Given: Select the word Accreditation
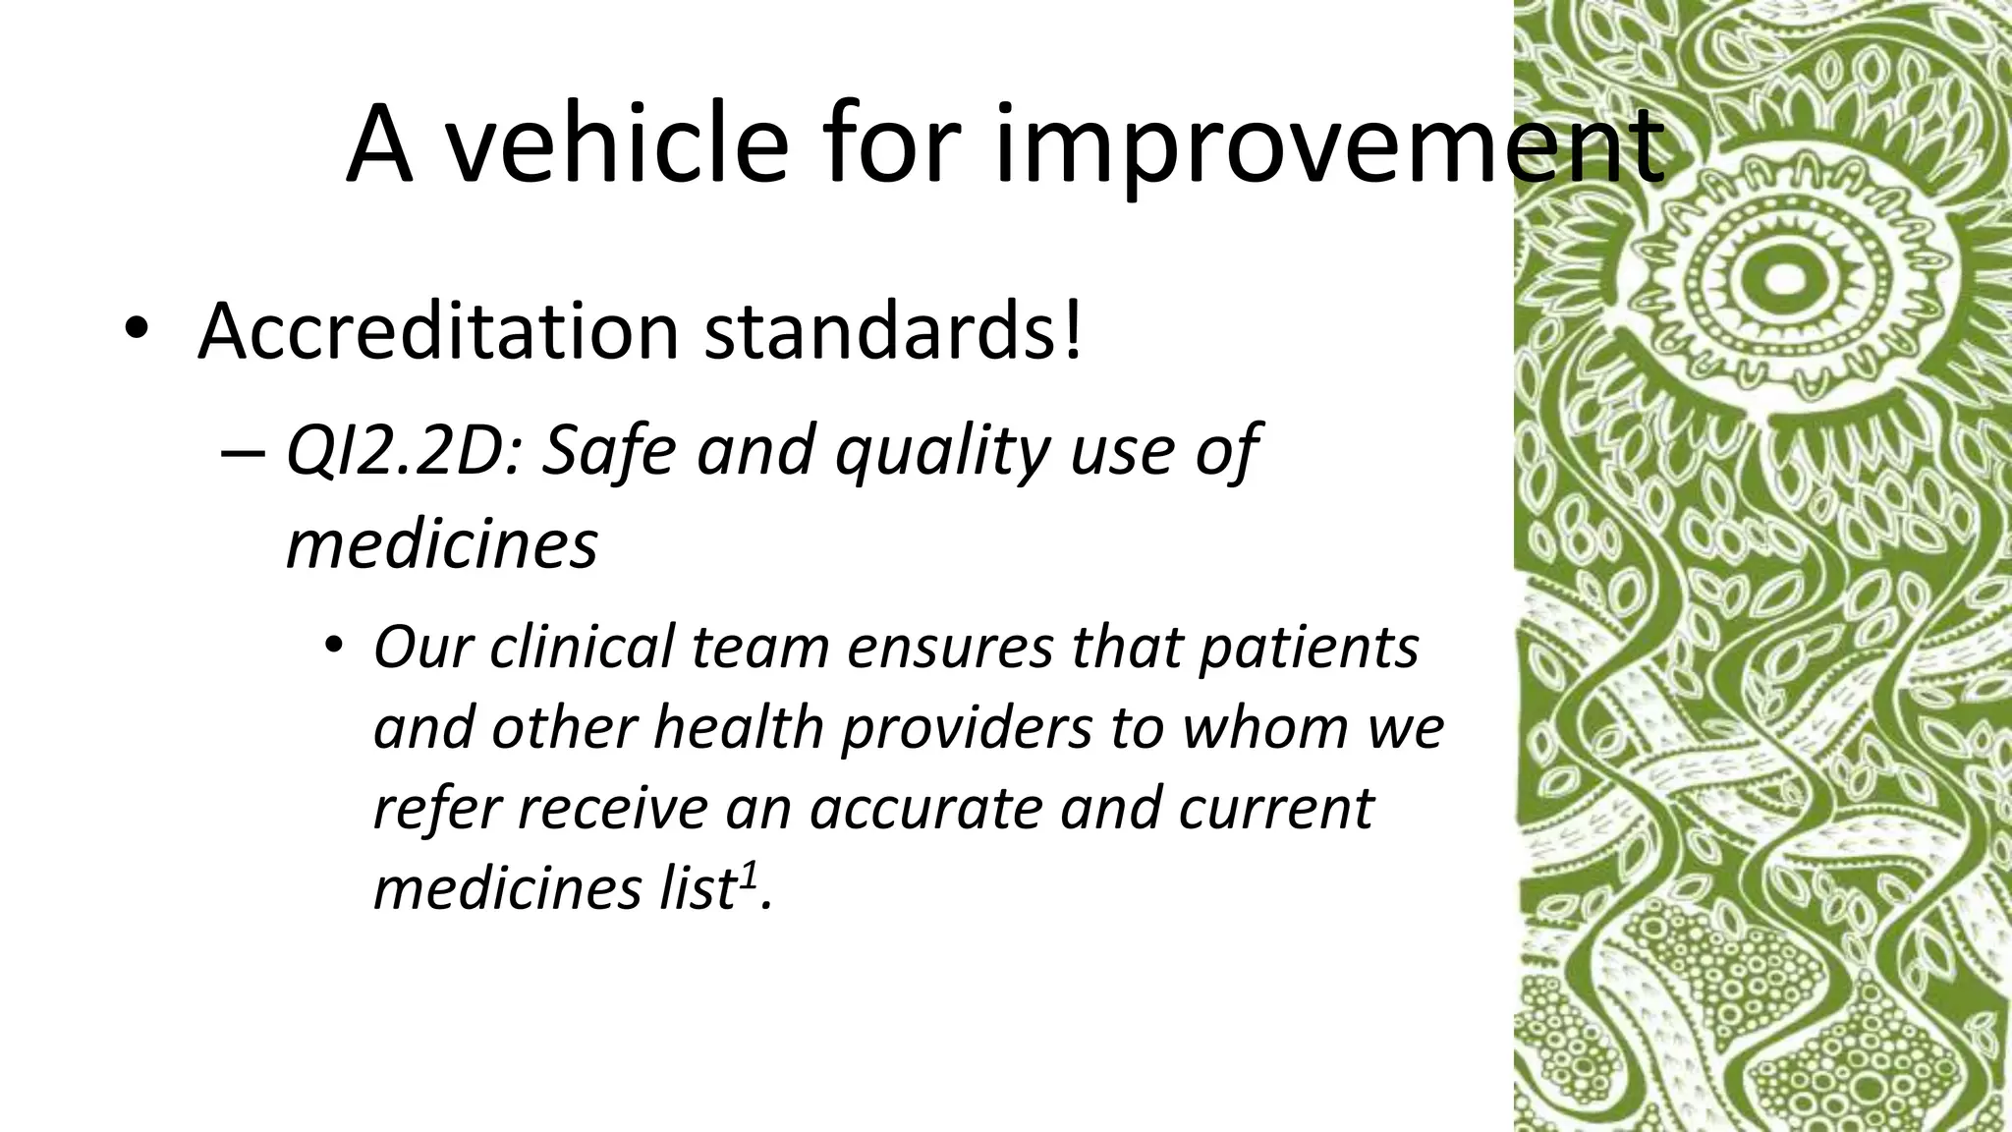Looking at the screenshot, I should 438,330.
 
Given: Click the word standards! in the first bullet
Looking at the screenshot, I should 894,330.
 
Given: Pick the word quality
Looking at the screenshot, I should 942,452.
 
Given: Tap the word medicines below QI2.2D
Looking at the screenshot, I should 442,543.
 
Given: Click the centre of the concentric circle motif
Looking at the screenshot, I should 1778,278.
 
